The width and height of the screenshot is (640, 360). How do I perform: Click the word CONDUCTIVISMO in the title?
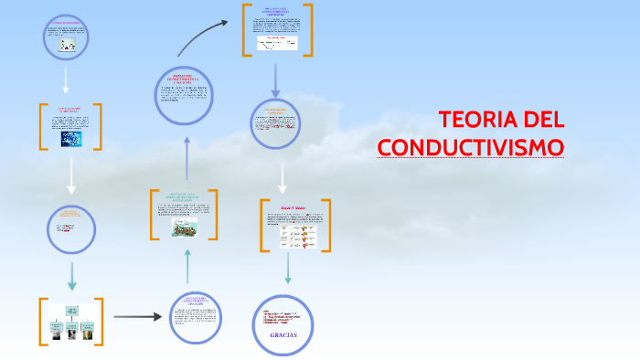[x=471, y=147]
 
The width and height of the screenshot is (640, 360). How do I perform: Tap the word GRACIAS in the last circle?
[x=283, y=335]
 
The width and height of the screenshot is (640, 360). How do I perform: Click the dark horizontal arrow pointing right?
[x=137, y=317]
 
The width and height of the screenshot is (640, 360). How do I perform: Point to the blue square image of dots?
[x=71, y=138]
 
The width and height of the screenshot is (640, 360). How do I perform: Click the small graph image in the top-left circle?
[x=68, y=44]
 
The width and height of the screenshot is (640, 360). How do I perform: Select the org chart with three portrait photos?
[x=70, y=324]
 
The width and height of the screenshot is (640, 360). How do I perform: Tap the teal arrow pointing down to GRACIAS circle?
[x=288, y=269]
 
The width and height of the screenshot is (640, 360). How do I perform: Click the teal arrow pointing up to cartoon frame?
[x=187, y=265]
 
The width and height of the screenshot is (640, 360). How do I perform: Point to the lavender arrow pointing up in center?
[x=187, y=159]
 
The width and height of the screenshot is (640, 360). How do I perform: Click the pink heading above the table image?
[x=294, y=208]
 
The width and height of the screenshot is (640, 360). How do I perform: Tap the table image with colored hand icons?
[x=299, y=237]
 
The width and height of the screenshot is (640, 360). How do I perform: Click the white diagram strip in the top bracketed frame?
[x=277, y=42]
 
